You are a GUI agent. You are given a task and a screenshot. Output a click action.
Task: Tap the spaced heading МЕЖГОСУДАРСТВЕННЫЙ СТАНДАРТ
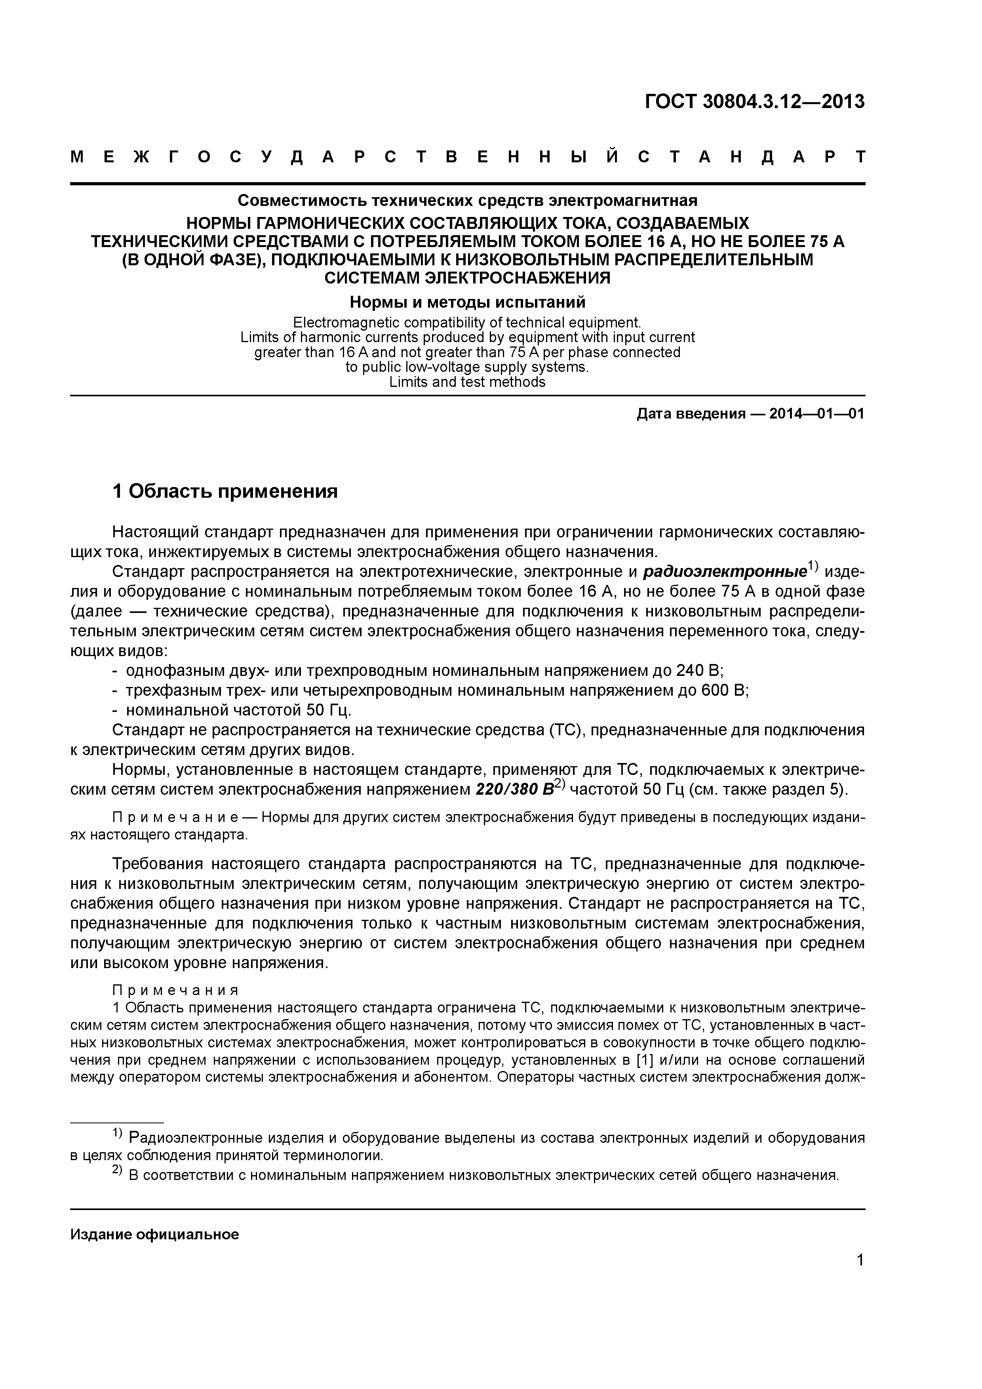point(467,158)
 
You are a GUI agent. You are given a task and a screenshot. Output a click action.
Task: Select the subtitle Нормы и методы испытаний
point(468,301)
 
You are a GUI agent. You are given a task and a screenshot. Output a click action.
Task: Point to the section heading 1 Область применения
point(225,491)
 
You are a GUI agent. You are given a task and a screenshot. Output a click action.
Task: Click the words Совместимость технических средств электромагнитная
point(467,200)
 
